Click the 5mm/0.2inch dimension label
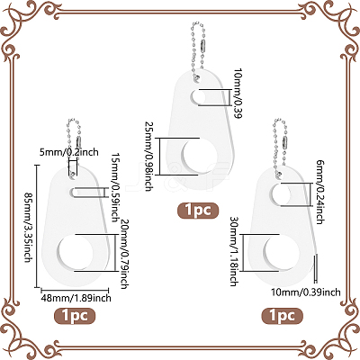coord(69,152)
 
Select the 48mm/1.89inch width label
coord(76,298)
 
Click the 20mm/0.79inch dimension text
coord(124,254)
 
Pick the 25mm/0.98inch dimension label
coord(148,157)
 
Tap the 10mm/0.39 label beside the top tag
coord(238,94)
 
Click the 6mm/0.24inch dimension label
coord(320,192)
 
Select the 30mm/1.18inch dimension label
coord(234,251)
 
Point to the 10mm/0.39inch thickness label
coord(306,292)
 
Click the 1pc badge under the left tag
coord(75,316)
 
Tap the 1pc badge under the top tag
coord(198,211)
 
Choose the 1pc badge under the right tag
coord(283,316)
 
